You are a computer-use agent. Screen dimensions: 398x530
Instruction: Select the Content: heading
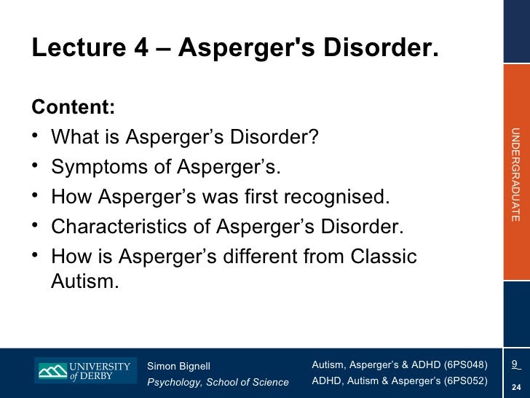tap(73, 106)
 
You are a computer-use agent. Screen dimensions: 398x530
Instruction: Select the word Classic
tap(384, 257)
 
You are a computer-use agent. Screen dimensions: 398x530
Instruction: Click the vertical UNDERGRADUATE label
tap(515, 174)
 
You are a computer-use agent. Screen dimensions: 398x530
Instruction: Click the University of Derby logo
tap(84, 370)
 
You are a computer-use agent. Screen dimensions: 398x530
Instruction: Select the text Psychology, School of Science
tap(218, 383)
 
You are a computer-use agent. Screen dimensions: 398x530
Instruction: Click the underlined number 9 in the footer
tap(515, 364)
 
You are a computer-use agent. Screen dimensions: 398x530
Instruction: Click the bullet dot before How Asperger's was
tap(36, 197)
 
